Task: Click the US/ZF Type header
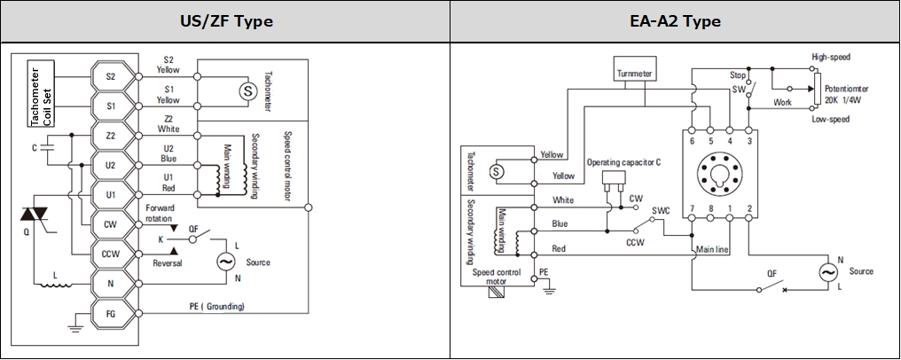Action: pyautogui.click(x=224, y=22)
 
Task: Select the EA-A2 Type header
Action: pyautogui.click(x=675, y=22)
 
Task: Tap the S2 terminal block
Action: pyautogui.click(x=111, y=75)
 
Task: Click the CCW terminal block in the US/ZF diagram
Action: pyautogui.click(x=111, y=254)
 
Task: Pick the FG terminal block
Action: pyautogui.click(x=111, y=314)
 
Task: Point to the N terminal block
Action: pyautogui.click(x=111, y=284)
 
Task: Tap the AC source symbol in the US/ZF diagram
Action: pyautogui.click(x=226, y=262)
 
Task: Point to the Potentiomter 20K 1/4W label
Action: pyautogui.click(x=846, y=94)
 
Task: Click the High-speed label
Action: pyautogui.click(x=831, y=57)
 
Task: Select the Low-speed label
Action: pyautogui.click(x=830, y=120)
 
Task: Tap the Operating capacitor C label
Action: pyautogui.click(x=623, y=162)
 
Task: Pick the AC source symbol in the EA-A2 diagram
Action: pyautogui.click(x=828, y=273)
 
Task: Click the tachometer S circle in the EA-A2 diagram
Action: pyautogui.click(x=496, y=171)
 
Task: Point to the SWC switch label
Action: pyautogui.click(x=661, y=210)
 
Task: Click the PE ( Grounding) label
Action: pyautogui.click(x=216, y=306)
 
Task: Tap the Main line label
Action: pyautogui.click(x=712, y=250)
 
